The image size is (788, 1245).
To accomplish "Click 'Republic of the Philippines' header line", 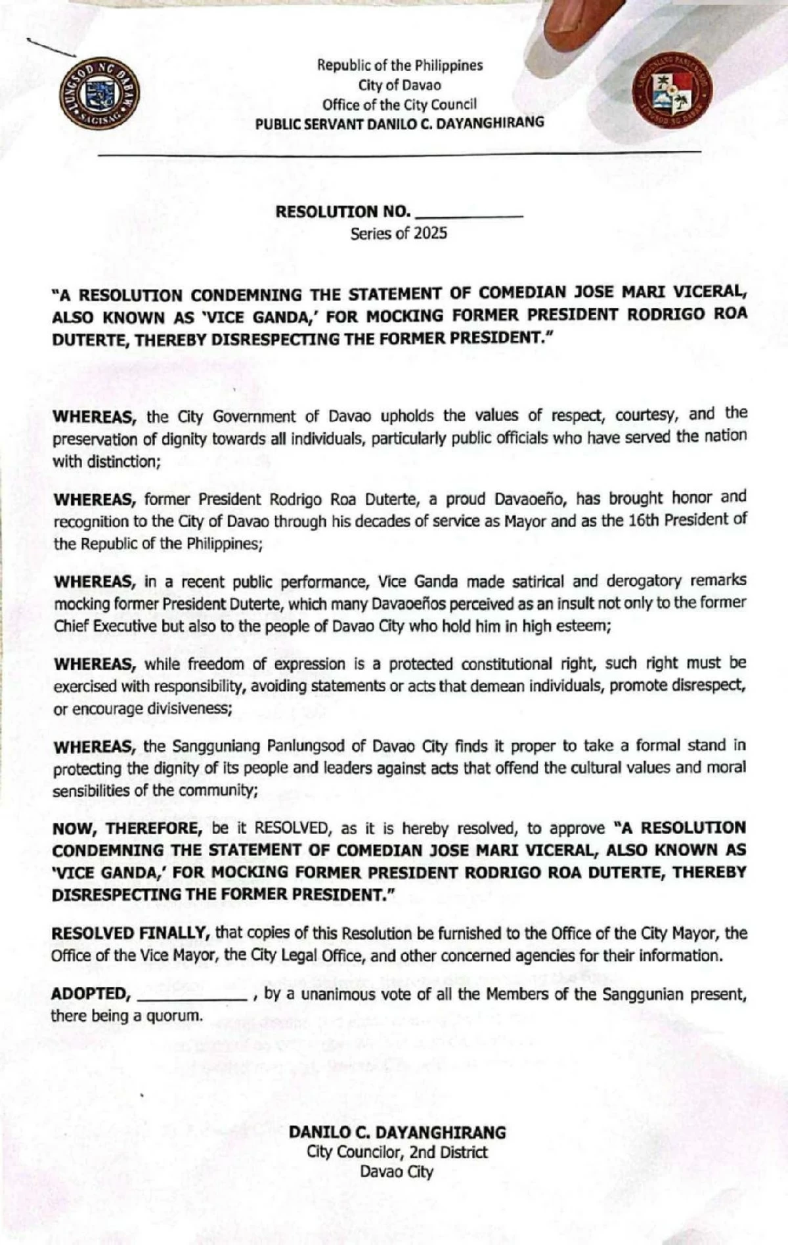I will (399, 65).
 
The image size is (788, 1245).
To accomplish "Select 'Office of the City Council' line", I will (399, 104).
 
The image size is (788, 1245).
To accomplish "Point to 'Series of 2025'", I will (398, 233).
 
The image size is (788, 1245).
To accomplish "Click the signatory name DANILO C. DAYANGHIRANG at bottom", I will (397, 1132).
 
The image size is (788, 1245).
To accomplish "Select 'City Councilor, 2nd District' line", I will (397, 1152).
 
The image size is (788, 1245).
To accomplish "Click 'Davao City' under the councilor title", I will (397, 1171).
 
